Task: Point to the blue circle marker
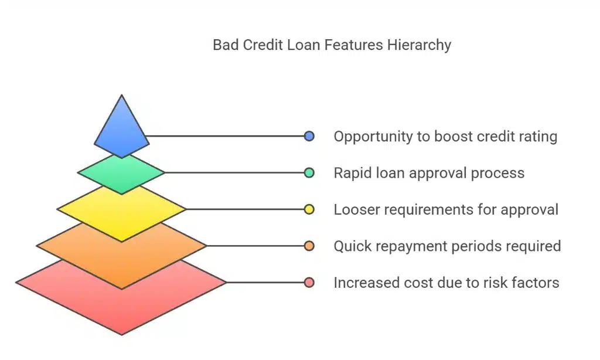point(309,137)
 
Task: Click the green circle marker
point(309,173)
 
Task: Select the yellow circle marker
point(309,209)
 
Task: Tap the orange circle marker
point(309,246)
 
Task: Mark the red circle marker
point(309,283)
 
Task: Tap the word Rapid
point(351,173)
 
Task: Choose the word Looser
point(354,209)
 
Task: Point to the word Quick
point(351,246)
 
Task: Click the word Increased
point(364,283)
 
